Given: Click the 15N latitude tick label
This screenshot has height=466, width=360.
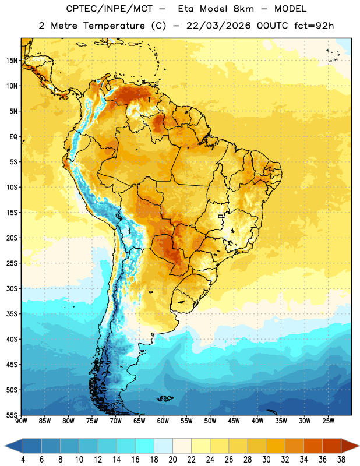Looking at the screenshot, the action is pos(12,61).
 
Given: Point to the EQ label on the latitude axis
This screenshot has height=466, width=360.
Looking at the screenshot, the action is pos(13,137).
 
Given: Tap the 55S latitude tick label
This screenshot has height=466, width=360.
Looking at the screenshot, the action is pos(12,415).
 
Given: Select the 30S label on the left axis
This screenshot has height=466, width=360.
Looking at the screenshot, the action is pos(12,288).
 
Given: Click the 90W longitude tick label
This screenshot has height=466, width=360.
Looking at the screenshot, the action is pos(22,421).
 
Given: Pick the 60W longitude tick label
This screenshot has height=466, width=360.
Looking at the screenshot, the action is pos(163,421).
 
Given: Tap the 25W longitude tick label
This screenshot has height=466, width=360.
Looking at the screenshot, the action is pos(328,421).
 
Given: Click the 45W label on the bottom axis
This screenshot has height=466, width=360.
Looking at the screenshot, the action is pos(234,421).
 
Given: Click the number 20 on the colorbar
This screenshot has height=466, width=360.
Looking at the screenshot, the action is pos(172,460).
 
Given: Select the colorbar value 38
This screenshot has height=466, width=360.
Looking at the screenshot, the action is pos(341,460).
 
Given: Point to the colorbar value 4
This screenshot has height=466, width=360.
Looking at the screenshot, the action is pos(23,460).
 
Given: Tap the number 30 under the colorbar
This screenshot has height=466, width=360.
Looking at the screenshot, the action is pos(266,460).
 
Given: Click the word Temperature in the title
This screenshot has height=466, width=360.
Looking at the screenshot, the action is pos(114,26).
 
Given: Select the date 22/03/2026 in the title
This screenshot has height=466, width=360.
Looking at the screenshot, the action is pos(218,26).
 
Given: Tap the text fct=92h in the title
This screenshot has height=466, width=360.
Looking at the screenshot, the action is pos(314,26).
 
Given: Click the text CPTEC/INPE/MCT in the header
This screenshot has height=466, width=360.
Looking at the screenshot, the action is pos(109,9).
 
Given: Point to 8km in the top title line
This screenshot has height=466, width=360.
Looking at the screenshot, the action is pos(243,9).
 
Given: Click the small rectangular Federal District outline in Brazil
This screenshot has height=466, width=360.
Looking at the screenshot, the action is pos(221,216).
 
